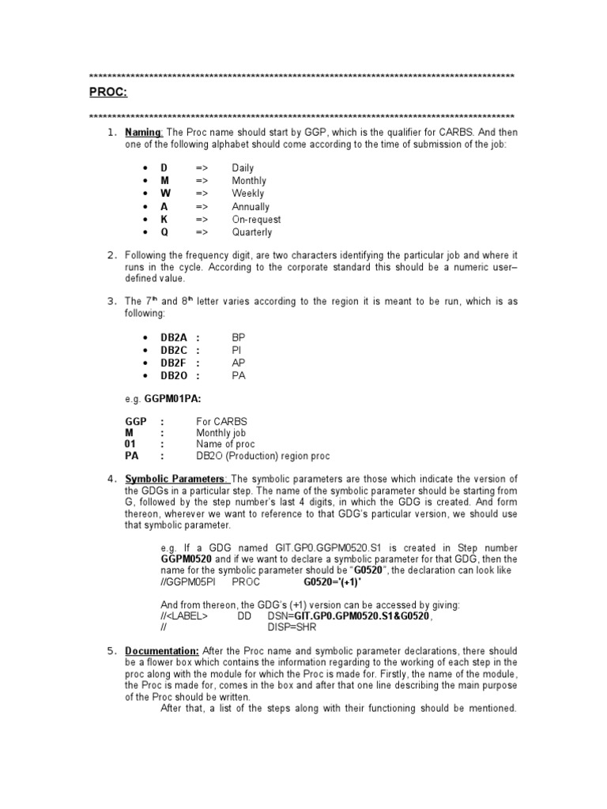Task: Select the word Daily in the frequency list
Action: [243, 167]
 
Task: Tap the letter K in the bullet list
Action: [164, 220]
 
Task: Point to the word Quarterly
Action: [251, 232]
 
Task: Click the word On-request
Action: [256, 220]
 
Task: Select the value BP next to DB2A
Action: [239, 337]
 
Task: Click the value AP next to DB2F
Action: [239, 363]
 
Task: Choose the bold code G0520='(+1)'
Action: [326, 582]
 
